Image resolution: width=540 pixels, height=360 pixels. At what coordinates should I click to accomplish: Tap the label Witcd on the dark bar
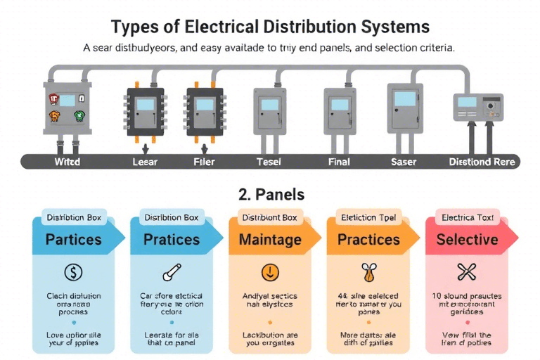[67, 162]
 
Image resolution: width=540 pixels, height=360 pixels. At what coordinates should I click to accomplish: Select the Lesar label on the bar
[145, 162]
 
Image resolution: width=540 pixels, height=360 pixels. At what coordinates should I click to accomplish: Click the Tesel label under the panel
[269, 162]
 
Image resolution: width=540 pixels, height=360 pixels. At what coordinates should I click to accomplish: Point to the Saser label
[403, 162]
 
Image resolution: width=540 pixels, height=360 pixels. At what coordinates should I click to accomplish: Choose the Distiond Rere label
[482, 162]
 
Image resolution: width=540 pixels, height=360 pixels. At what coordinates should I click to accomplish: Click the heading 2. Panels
[269, 193]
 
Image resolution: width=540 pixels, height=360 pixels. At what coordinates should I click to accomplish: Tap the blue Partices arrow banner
[74, 239]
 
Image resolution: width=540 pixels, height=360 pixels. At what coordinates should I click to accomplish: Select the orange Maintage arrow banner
[270, 239]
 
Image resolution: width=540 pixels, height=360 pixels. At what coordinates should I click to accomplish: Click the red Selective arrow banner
[467, 239]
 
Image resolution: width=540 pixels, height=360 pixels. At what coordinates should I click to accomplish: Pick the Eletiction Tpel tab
[368, 217]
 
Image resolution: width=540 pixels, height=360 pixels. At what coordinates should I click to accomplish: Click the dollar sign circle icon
[73, 271]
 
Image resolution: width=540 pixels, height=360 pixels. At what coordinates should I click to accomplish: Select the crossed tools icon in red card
[466, 271]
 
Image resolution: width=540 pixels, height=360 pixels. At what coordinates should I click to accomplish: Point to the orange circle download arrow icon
[270, 271]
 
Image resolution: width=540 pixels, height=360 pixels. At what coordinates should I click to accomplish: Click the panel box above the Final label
[335, 109]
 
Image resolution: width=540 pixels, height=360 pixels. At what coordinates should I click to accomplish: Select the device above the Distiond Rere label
[477, 107]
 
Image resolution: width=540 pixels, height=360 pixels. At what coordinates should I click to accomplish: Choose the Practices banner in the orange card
[368, 239]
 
